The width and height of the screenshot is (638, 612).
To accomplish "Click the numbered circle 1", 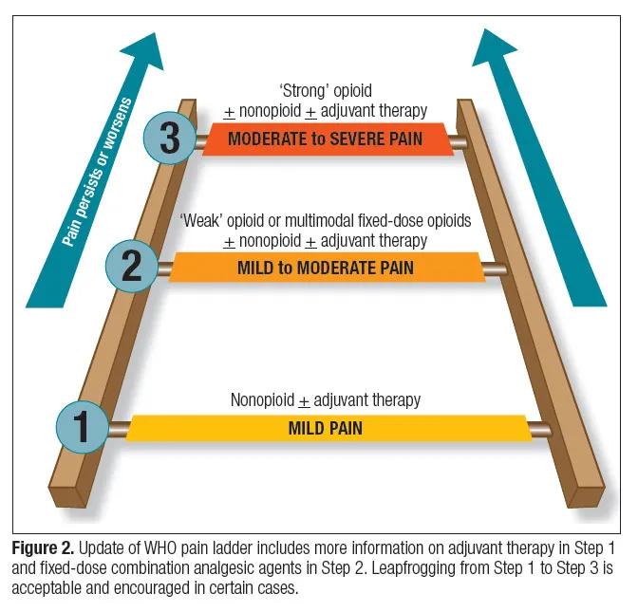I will tap(83, 426).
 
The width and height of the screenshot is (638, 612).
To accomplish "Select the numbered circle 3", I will tap(170, 139).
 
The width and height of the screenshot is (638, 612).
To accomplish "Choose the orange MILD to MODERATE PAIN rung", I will tap(326, 267).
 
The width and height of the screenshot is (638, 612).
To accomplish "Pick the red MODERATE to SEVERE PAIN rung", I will tap(326, 139).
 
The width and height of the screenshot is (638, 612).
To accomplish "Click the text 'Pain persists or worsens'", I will tap(99, 172).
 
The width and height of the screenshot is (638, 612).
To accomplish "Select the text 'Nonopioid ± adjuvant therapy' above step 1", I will tap(326, 400).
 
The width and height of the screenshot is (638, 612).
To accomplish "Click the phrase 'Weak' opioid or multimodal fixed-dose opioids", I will tap(326, 221).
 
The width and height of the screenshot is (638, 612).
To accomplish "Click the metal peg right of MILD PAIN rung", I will tap(540, 428).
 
